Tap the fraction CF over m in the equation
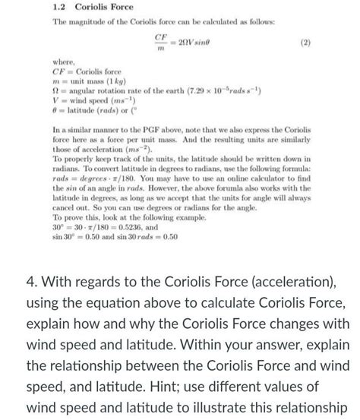pos(160,42)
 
